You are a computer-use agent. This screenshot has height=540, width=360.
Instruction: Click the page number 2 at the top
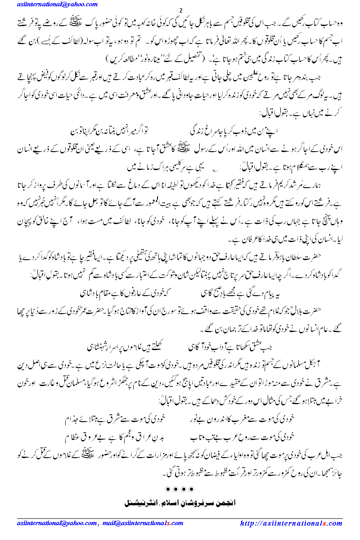[x=180, y=10]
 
